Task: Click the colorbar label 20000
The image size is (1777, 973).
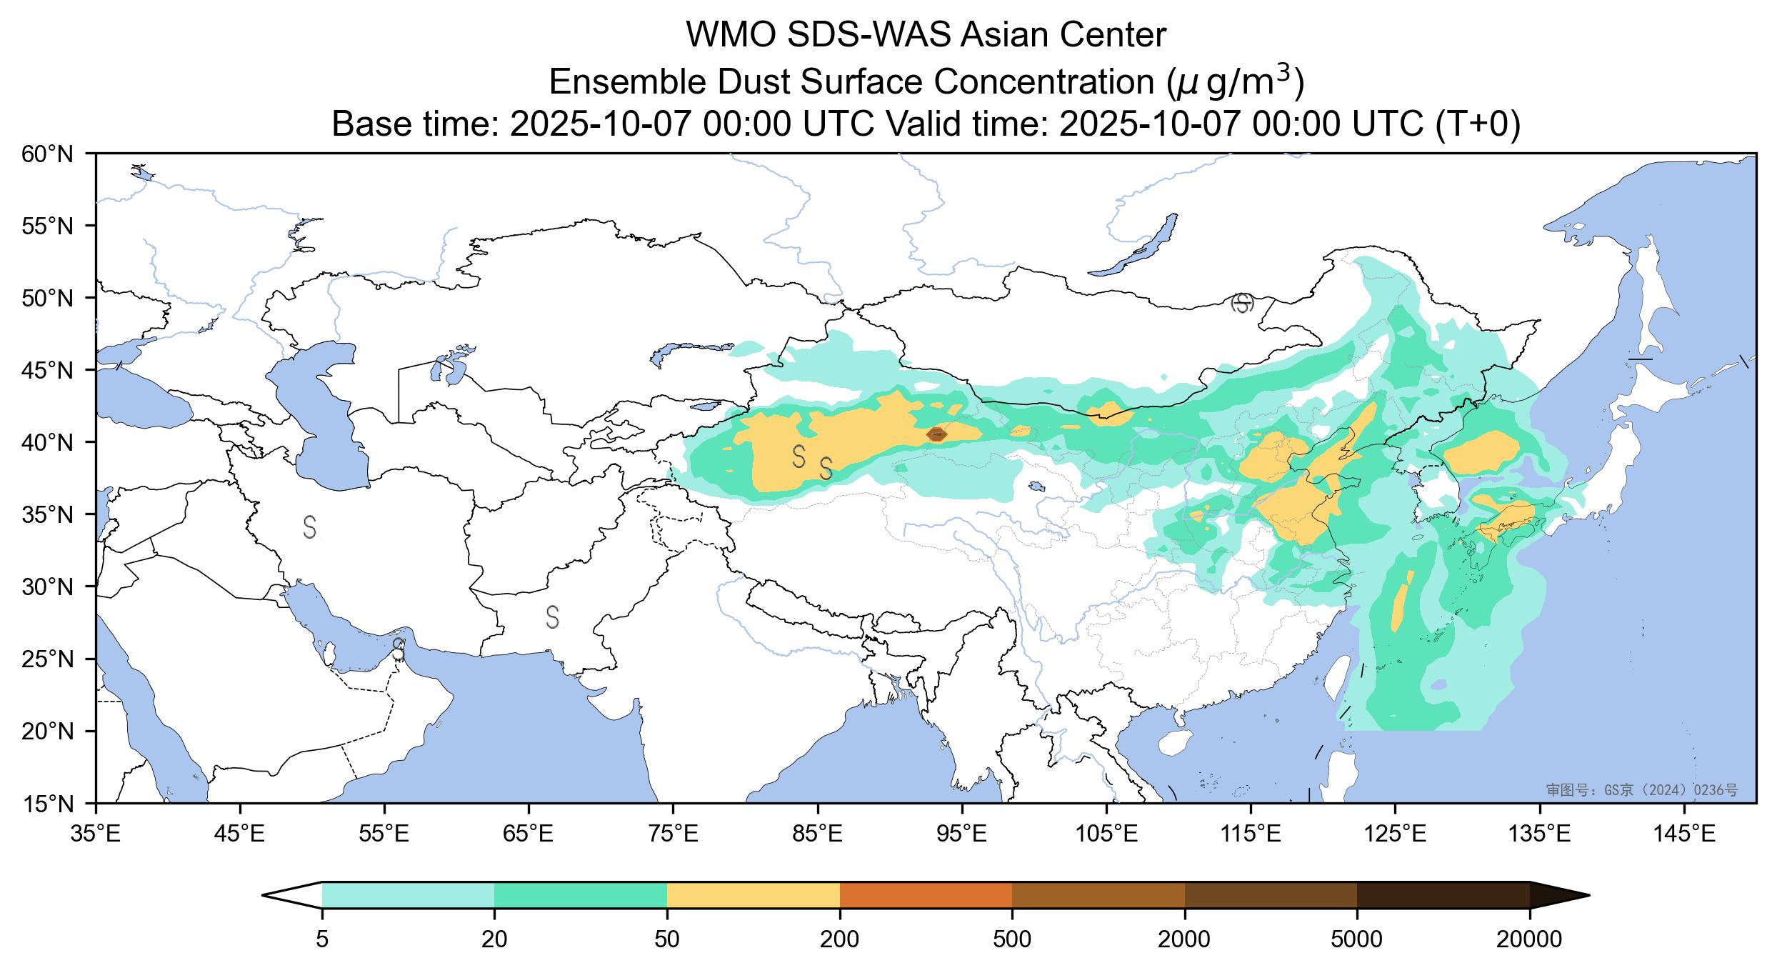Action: click(1529, 939)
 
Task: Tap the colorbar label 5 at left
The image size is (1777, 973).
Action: click(322, 939)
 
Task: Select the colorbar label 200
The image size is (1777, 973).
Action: click(839, 939)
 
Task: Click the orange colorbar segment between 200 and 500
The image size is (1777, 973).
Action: click(926, 895)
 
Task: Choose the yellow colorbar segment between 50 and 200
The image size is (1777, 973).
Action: click(753, 895)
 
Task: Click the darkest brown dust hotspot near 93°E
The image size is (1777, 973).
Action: click(936, 434)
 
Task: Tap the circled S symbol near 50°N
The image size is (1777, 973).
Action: click(1243, 303)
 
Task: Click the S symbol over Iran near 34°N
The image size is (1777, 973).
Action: click(309, 527)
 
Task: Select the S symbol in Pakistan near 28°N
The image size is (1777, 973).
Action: click(552, 617)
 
